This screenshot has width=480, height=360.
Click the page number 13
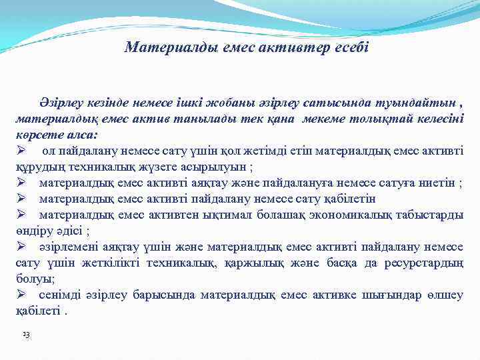[x=25, y=333]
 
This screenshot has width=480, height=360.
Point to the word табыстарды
[x=428, y=215]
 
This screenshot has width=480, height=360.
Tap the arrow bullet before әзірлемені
[x=21, y=247]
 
